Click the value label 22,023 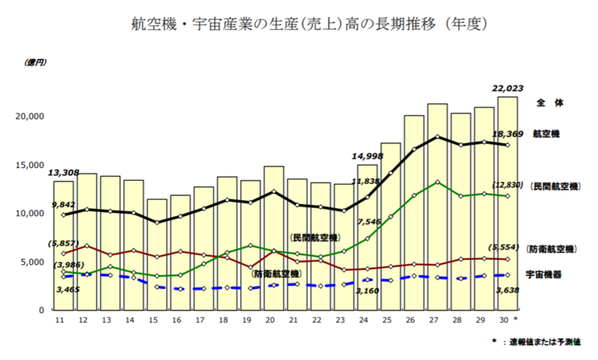pos(507,88)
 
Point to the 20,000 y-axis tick pos(31,117)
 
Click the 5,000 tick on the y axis pos(34,261)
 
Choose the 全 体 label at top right pos(547,102)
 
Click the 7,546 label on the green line pos(371,222)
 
